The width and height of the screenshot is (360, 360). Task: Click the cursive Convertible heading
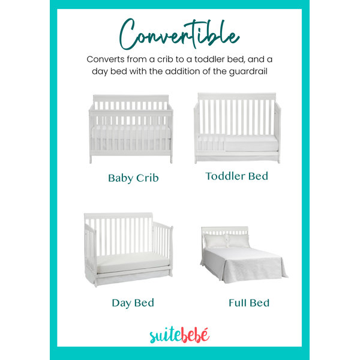179,34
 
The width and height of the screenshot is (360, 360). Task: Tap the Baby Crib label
133,178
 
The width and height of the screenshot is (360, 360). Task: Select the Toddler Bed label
237,176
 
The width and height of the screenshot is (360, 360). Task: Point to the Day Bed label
133,303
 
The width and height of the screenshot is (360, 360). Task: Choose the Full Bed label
249,303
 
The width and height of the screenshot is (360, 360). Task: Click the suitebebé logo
179,335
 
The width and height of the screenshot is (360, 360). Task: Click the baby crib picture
131,128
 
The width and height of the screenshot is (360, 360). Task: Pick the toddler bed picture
237,128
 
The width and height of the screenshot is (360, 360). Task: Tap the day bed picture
128,250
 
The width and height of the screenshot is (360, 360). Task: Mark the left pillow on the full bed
215,241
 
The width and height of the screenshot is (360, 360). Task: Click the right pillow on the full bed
239,241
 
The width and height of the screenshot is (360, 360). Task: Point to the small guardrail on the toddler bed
211,142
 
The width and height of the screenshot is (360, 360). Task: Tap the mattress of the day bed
133,262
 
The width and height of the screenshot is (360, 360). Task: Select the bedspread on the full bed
244,265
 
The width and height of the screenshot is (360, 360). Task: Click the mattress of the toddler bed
251,143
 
